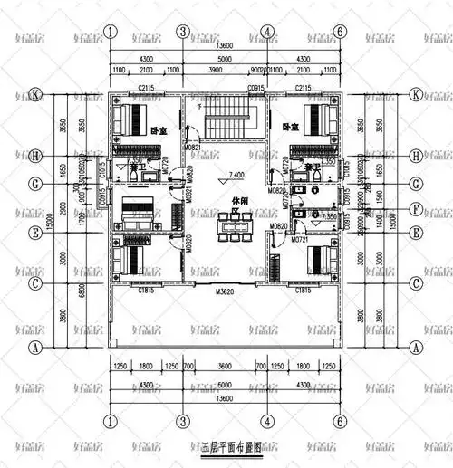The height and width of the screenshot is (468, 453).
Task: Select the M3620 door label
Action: [226, 291]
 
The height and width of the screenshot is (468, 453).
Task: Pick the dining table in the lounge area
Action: [232, 226]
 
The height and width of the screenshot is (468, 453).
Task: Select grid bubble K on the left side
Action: [35, 94]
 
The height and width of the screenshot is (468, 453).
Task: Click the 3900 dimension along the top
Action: [215, 70]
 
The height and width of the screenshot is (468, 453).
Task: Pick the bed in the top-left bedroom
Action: [136, 118]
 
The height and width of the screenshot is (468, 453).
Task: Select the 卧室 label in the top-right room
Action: [291, 128]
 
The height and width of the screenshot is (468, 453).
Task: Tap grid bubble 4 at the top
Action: [267, 32]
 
